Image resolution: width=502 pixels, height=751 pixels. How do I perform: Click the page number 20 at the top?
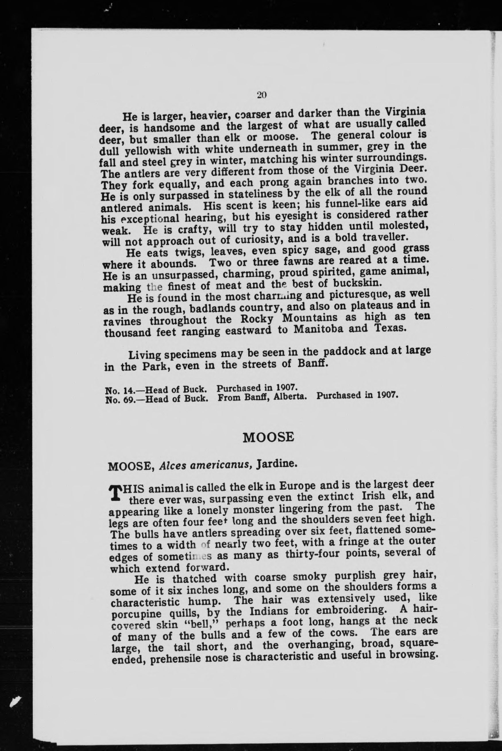(x=262, y=95)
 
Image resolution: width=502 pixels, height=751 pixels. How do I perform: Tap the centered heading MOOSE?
(x=268, y=437)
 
